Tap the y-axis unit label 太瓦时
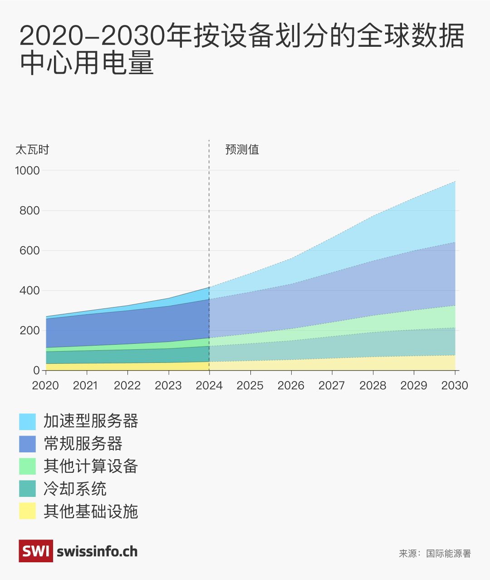[x=32, y=150]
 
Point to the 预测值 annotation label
[x=242, y=150]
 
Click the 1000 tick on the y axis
[x=28, y=171]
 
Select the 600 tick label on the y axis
[x=29, y=251]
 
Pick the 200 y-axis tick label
[x=29, y=331]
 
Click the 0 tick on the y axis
[x=36, y=371]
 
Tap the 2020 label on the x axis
[x=45, y=386]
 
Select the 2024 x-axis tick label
[x=209, y=386]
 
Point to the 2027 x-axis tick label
[x=332, y=386]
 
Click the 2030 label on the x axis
[x=455, y=386]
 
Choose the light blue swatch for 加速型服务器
[x=27, y=421]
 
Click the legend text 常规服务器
[x=83, y=444]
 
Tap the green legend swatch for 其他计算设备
[x=27, y=466]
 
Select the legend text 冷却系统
[x=75, y=489]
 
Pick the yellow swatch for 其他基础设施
[x=27, y=511]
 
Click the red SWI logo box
[x=36, y=551]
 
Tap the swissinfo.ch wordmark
[x=97, y=551]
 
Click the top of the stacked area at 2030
[x=455, y=182]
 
